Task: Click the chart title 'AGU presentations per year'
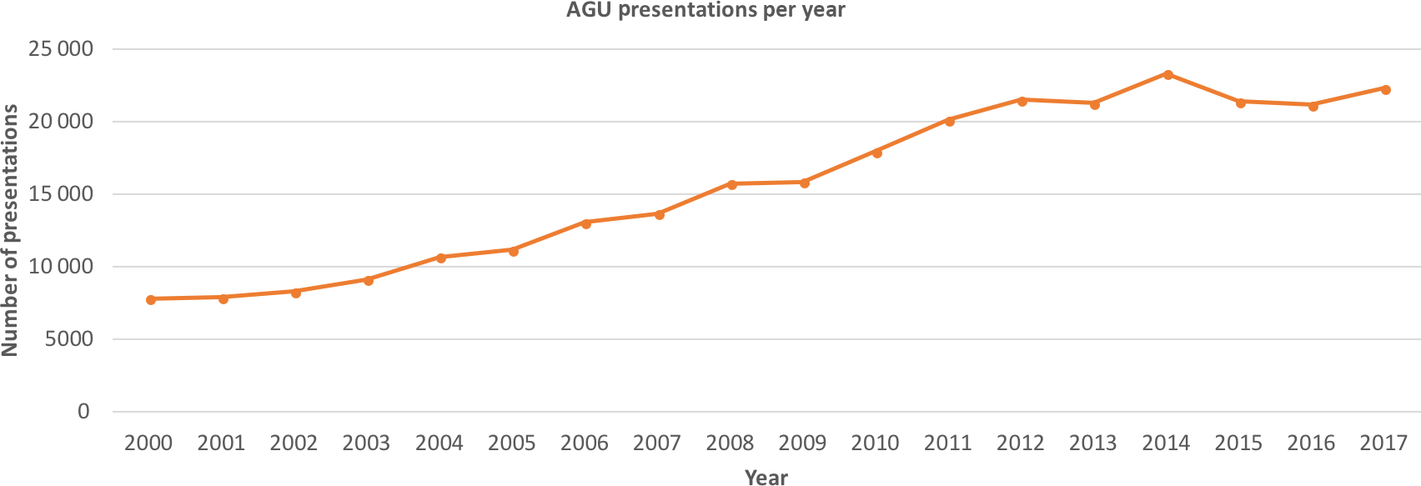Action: pyautogui.click(x=705, y=11)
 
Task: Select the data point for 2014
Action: pyautogui.click(x=1168, y=74)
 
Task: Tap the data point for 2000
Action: pyautogui.click(x=151, y=299)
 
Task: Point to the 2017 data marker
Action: pyautogui.click(x=1386, y=89)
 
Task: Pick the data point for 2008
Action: pyautogui.click(x=732, y=184)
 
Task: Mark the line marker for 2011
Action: pyautogui.click(x=950, y=121)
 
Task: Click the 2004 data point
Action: pyautogui.click(x=441, y=258)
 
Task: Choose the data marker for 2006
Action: pyautogui.click(x=586, y=223)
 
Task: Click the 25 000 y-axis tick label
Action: pyautogui.click(x=60, y=49)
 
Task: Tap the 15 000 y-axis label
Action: pyautogui.click(x=60, y=194)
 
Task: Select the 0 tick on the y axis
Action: pyautogui.click(x=83, y=412)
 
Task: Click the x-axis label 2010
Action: pyautogui.click(x=875, y=443)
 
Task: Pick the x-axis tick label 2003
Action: pyautogui.click(x=366, y=443)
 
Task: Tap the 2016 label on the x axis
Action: pyautogui.click(x=1311, y=443)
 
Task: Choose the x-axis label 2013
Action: pyautogui.click(x=1092, y=443)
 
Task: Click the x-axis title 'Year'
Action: pyautogui.click(x=766, y=477)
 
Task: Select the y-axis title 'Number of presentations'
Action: pyautogui.click(x=11, y=231)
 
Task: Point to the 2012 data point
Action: pyautogui.click(x=1022, y=101)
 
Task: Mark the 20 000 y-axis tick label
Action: pyautogui.click(x=60, y=122)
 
